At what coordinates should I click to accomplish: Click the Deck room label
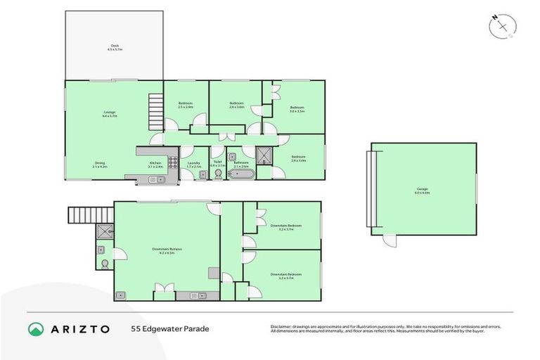[114, 47]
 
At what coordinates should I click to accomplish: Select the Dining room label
[100, 165]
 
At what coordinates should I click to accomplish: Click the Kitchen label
[155, 165]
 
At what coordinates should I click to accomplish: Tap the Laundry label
[194, 165]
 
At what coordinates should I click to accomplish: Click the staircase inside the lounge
[155, 111]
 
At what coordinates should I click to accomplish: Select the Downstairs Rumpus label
[167, 250]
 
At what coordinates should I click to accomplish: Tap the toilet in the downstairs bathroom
[104, 264]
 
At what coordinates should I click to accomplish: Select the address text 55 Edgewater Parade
[169, 328]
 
